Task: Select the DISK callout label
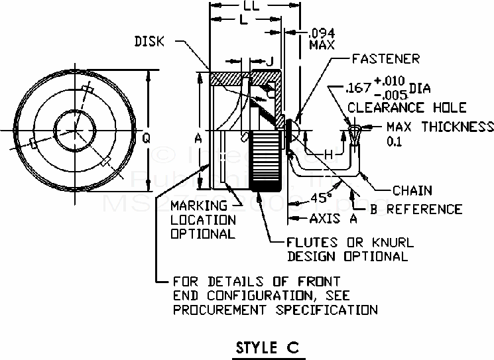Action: click(x=150, y=41)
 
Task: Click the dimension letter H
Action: click(x=328, y=154)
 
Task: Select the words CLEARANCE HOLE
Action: click(x=406, y=107)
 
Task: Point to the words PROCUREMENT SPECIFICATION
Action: click(x=275, y=309)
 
